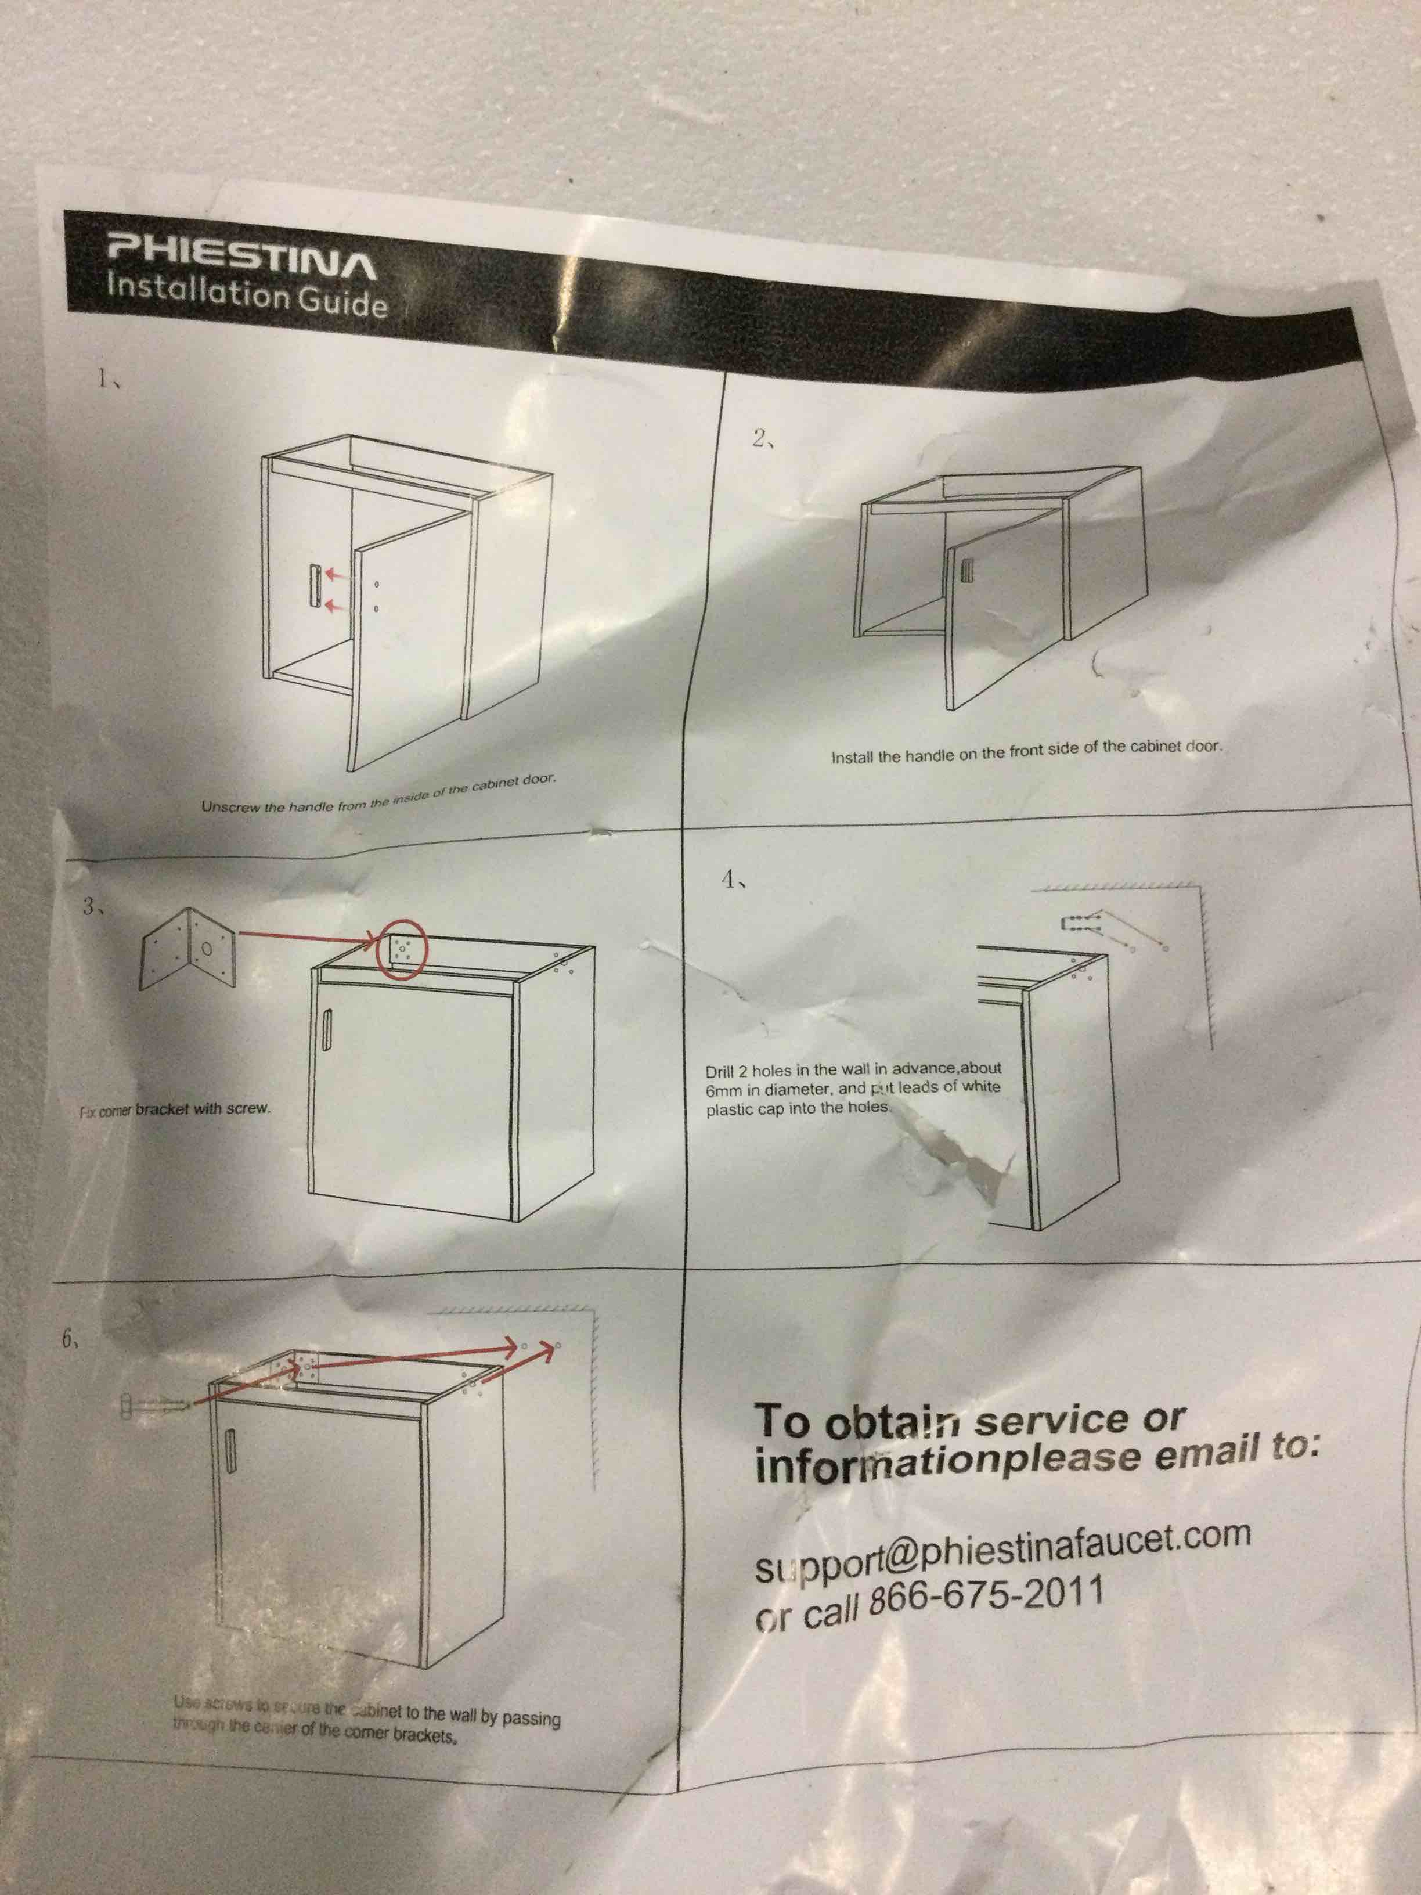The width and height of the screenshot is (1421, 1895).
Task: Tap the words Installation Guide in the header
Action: [247, 296]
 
